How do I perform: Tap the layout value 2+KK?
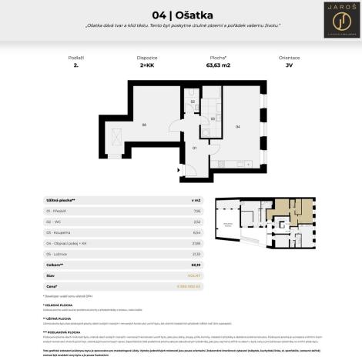pyautogui.click(x=147, y=67)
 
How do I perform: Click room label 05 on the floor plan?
pyautogui.click(x=144, y=124)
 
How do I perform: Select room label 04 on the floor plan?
pyautogui.click(x=237, y=125)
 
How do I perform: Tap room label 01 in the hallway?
pyautogui.click(x=195, y=147)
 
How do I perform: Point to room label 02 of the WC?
pyautogui.click(x=193, y=101)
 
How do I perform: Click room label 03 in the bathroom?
pyautogui.click(x=212, y=118)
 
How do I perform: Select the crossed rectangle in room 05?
pyautogui.click(x=116, y=136)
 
